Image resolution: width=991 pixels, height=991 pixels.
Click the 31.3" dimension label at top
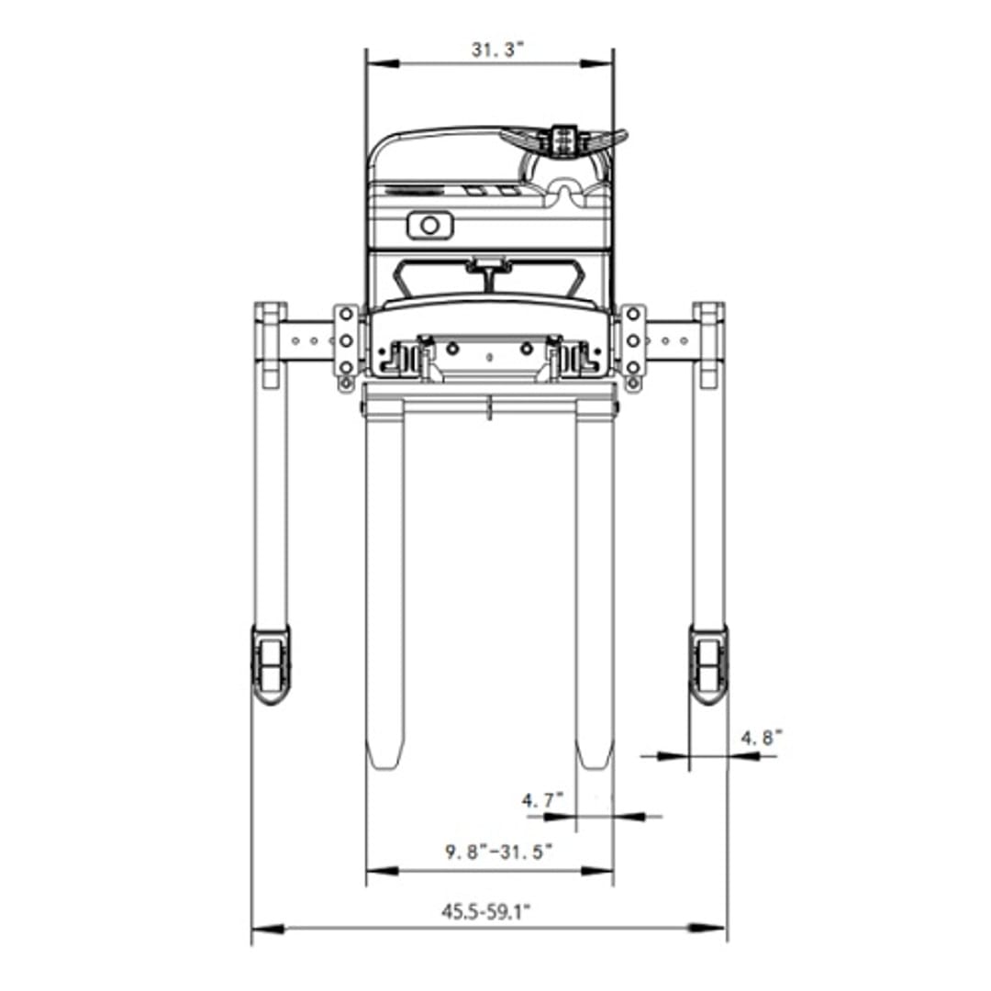tap(498, 50)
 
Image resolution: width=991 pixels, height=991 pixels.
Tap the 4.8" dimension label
tap(762, 738)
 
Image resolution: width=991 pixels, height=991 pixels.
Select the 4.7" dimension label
tap(541, 800)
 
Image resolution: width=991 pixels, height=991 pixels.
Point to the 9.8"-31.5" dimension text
tap(499, 852)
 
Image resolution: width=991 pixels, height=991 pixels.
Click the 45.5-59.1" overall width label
tap(485, 912)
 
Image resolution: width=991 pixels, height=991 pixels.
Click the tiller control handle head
tap(563, 140)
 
